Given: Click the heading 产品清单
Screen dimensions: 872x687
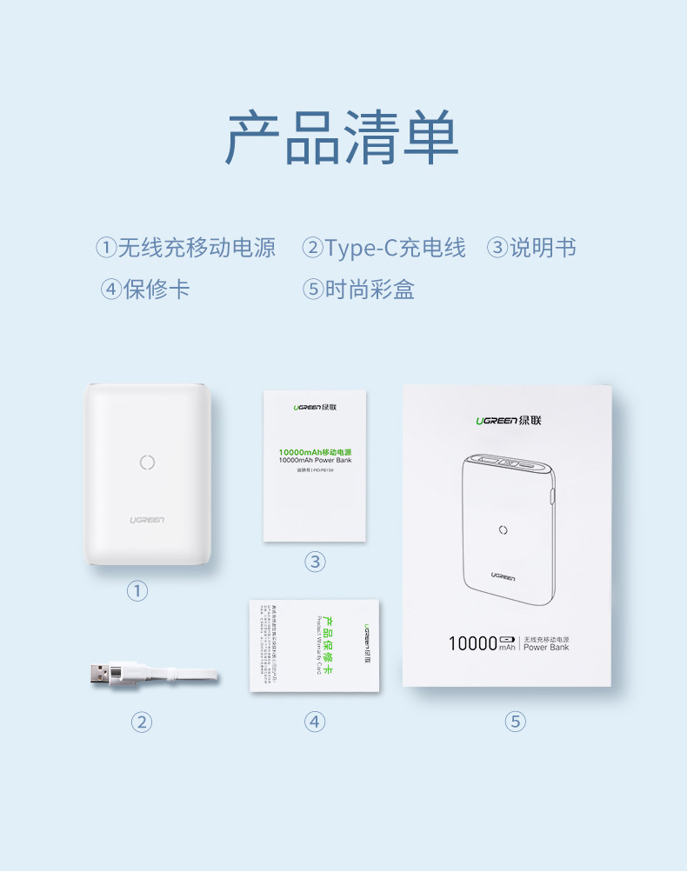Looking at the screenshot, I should pyautogui.click(x=342, y=138).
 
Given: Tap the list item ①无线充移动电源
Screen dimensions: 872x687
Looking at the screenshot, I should pyautogui.click(x=186, y=248).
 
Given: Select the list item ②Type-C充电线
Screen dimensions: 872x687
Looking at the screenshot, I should pyautogui.click(x=384, y=248).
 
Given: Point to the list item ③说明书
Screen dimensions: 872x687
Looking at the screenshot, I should pyautogui.click(x=531, y=248).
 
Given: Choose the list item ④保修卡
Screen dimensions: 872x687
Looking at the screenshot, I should pyautogui.click(x=145, y=289).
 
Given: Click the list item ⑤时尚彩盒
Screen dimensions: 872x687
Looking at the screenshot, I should pyautogui.click(x=358, y=289).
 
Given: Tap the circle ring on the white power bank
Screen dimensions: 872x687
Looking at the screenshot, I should pyautogui.click(x=148, y=463).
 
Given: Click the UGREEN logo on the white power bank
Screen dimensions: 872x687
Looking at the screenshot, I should pyautogui.click(x=147, y=520).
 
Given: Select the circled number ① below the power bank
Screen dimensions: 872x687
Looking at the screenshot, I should pyautogui.click(x=137, y=591).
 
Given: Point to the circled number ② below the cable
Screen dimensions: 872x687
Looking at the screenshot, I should pyautogui.click(x=142, y=722).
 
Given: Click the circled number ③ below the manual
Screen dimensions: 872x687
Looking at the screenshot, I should pyautogui.click(x=315, y=562).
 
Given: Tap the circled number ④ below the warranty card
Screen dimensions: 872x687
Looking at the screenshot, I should pyautogui.click(x=315, y=722).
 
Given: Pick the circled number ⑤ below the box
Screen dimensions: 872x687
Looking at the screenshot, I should pyautogui.click(x=516, y=722).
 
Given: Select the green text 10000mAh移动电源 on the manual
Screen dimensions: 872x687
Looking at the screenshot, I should pyautogui.click(x=315, y=451).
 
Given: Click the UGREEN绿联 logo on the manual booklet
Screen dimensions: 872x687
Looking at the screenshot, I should pyautogui.click(x=315, y=406).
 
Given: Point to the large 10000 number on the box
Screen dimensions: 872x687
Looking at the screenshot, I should pyautogui.click(x=471, y=644).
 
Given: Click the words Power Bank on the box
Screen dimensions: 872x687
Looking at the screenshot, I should pyautogui.click(x=546, y=648).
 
